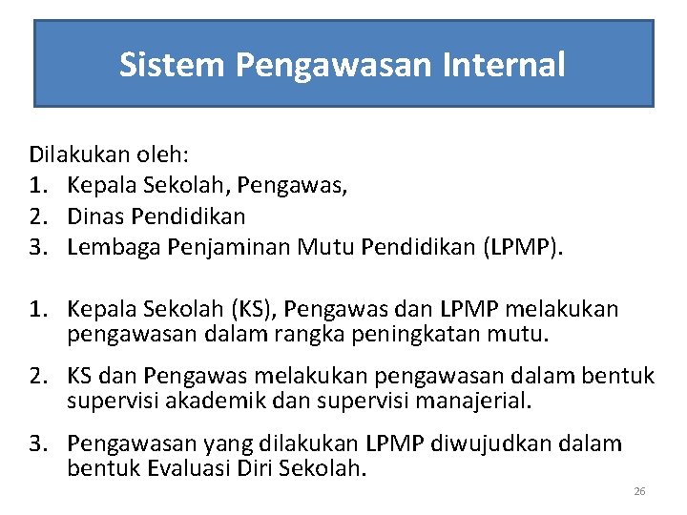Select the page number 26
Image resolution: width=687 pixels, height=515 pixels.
coord(639,491)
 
